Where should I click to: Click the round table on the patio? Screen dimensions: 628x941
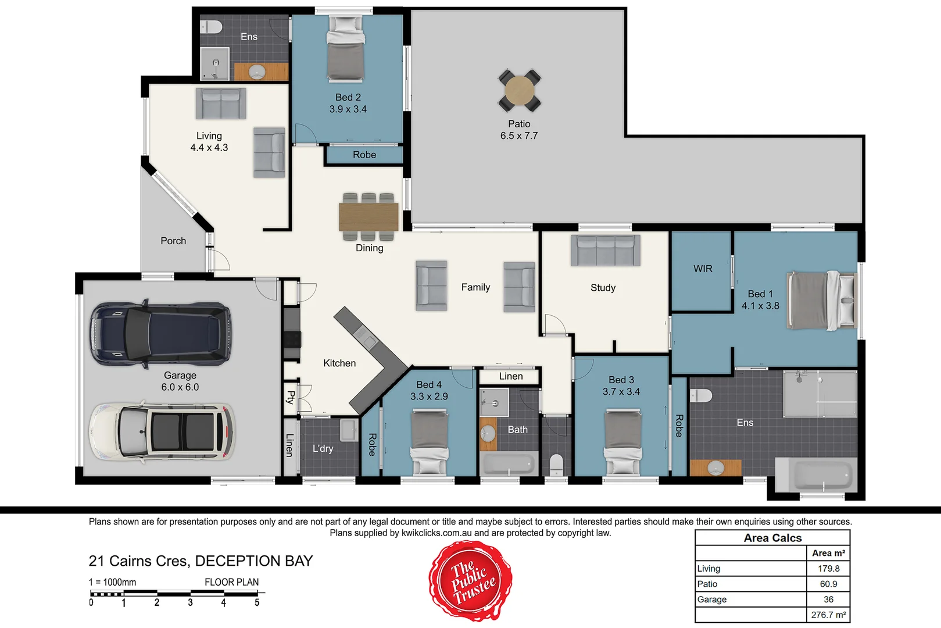pyautogui.click(x=519, y=90)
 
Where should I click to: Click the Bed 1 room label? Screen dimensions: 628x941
pyautogui.click(x=760, y=294)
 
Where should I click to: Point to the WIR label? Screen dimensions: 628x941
pyautogui.click(x=703, y=269)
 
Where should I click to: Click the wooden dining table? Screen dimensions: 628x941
pyautogui.click(x=368, y=217)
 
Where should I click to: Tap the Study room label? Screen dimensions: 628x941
pyautogui.click(x=603, y=288)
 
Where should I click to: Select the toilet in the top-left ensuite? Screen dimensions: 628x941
pyautogui.click(x=212, y=27)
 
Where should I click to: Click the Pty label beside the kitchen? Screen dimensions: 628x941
pyautogui.click(x=290, y=397)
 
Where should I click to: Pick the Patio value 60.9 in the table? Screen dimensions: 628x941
pyautogui.click(x=828, y=584)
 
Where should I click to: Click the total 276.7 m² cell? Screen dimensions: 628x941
pyautogui.click(x=828, y=615)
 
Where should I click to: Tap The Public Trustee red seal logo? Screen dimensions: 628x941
pyautogui.click(x=471, y=581)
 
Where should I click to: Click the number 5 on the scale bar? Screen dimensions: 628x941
pyautogui.click(x=257, y=603)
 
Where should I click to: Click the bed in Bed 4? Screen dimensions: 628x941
pyautogui.click(x=430, y=442)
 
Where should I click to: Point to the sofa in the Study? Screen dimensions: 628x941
pyautogui.click(x=605, y=251)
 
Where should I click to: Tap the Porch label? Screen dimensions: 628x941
pyautogui.click(x=173, y=241)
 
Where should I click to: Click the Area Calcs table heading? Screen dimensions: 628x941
pyautogui.click(x=772, y=538)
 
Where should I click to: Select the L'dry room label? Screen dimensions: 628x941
pyautogui.click(x=323, y=448)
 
